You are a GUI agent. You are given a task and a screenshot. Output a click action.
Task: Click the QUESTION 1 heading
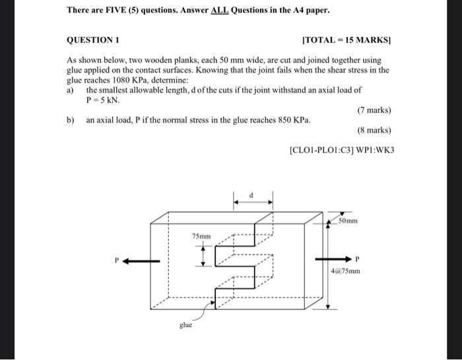tap(92, 40)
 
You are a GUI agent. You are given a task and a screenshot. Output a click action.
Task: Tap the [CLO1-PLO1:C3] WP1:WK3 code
tap(342, 150)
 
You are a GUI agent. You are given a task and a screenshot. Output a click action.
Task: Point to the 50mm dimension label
tap(347, 221)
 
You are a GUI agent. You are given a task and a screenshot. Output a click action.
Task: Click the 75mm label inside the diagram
tap(201, 236)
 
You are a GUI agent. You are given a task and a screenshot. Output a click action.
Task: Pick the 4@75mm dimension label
tap(346, 270)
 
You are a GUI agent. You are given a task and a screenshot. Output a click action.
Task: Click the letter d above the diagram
tap(251, 195)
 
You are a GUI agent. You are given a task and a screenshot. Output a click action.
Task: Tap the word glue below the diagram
tap(187, 325)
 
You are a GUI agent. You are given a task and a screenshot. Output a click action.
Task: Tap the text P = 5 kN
tap(102, 100)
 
